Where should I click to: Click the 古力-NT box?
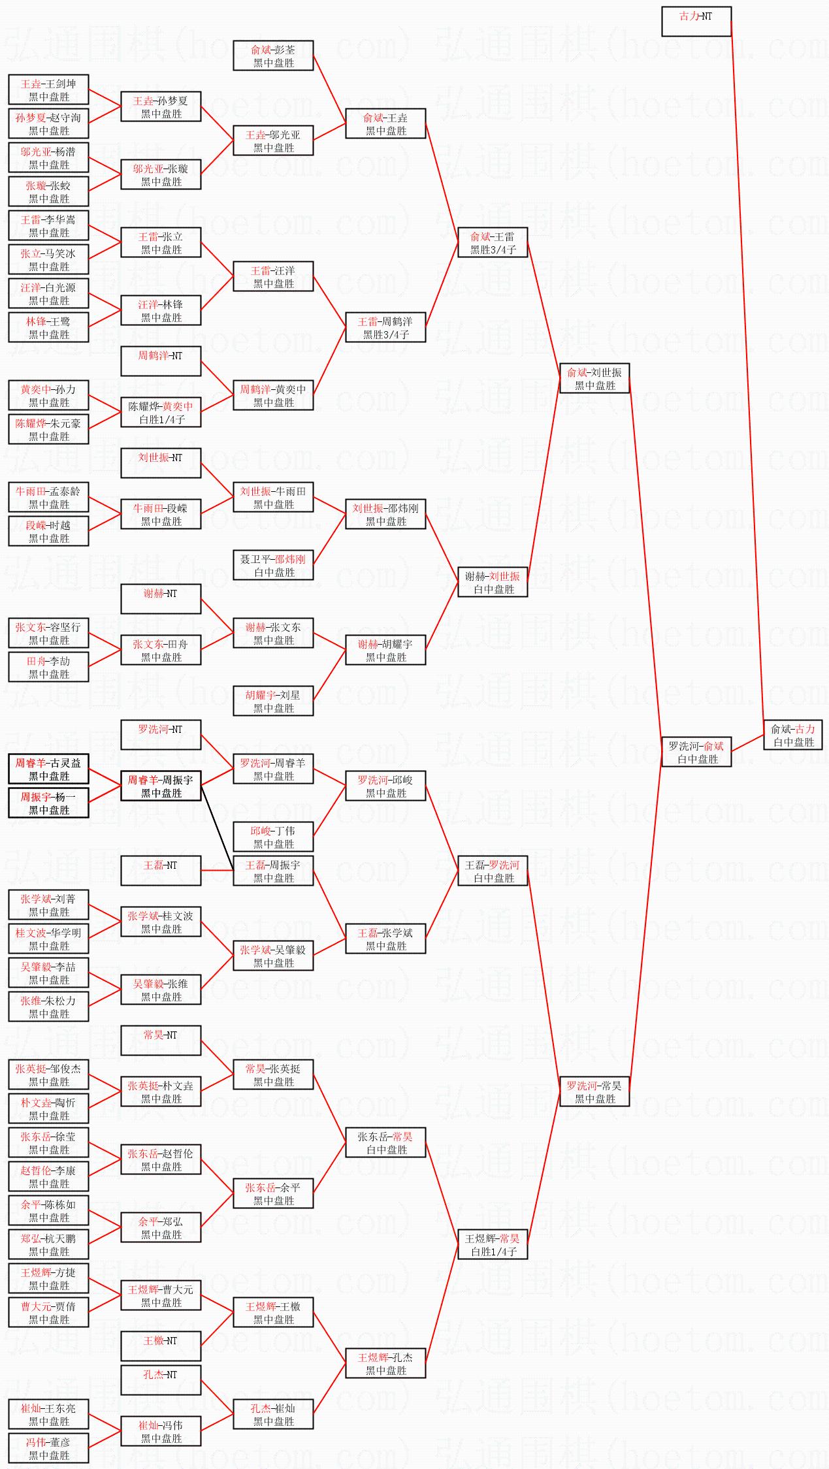[696, 22]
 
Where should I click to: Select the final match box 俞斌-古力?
[793, 735]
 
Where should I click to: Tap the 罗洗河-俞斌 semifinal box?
[696, 752]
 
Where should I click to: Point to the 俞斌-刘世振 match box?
[594, 378]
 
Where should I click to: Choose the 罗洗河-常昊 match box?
[594, 1091]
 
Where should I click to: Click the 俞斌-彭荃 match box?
[273, 56]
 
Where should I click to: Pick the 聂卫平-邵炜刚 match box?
[273, 565]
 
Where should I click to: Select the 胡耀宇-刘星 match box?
[273, 701]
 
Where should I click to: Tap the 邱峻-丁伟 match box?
[273, 837]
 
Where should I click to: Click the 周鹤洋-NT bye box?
[161, 361]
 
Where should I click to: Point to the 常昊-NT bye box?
[161, 1041]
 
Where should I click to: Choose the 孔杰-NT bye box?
[161, 1380]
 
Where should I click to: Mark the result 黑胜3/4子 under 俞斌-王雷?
[493, 250]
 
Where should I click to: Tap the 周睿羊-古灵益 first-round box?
[48, 769]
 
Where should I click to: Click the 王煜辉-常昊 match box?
[493, 1244]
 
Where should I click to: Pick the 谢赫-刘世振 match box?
[493, 582]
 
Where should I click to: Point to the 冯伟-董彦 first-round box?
[48, 1448]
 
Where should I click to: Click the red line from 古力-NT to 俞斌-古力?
[747, 366]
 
